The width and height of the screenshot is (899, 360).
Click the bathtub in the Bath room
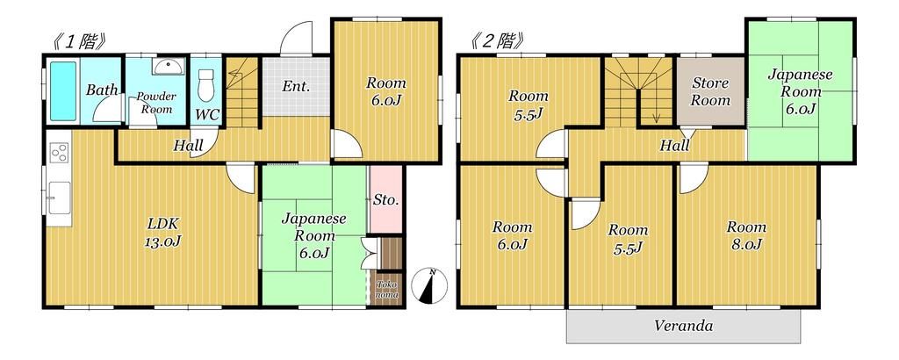[x=63, y=90]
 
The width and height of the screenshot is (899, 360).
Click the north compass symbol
[x=430, y=285]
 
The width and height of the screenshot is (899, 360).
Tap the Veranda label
[x=683, y=327]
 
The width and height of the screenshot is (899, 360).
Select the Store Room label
[x=710, y=92]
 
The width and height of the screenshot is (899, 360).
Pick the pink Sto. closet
[x=385, y=199]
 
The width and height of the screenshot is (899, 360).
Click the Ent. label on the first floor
[x=294, y=87]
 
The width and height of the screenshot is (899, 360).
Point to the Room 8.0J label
[x=745, y=235]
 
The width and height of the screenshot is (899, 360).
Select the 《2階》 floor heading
[x=498, y=40]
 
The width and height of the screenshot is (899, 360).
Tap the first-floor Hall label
[x=188, y=146]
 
